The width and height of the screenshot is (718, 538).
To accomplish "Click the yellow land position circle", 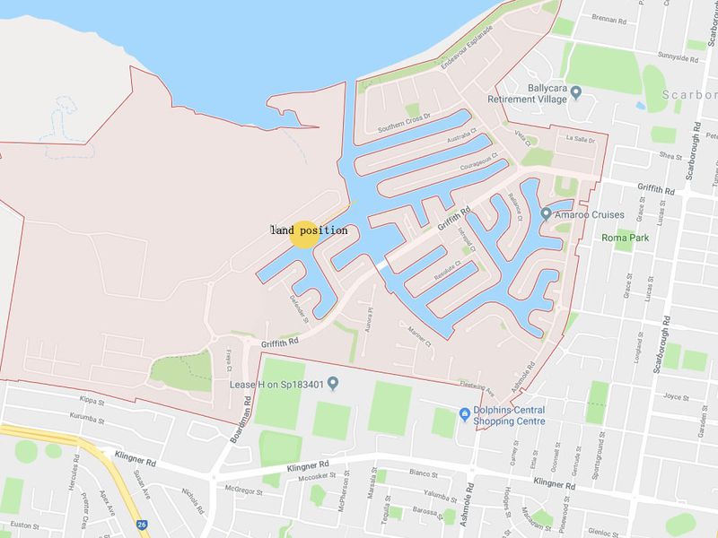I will tap(303, 233).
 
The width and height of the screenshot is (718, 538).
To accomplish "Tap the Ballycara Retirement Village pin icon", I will tap(576, 91).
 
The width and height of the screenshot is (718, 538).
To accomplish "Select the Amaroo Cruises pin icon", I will tap(546, 213).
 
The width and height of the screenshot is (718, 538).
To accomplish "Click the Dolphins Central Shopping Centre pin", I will tap(464, 413).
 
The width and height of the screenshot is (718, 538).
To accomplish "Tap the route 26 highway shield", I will tap(141, 525).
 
